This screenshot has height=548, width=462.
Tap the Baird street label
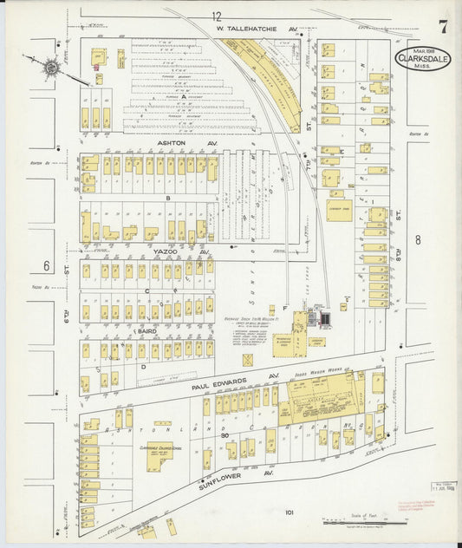pos(145,331)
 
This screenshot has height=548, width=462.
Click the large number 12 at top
pos(216,15)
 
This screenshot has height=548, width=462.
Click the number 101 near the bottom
pos(289,512)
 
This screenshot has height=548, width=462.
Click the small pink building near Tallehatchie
pos(96,66)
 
